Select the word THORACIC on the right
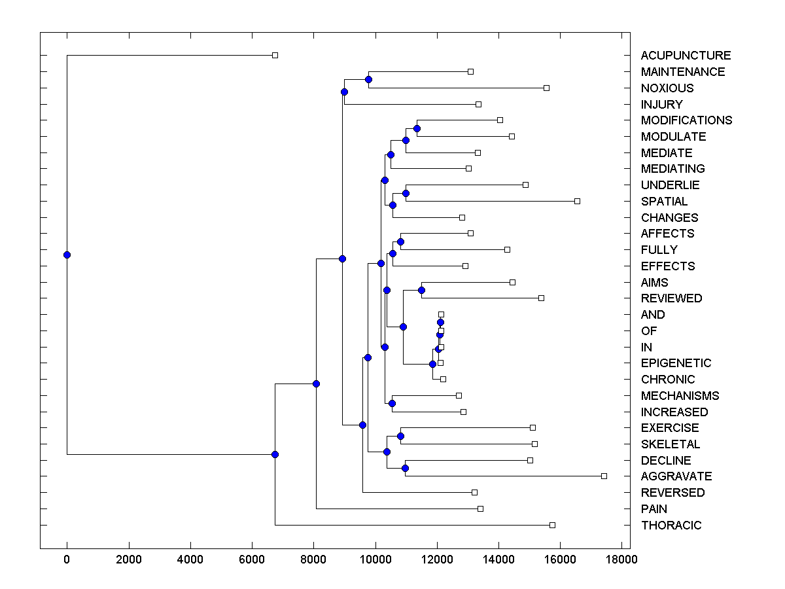click(x=671, y=525)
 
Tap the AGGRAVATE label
click(x=676, y=476)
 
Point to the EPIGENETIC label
click(x=676, y=363)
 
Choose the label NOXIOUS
click(x=667, y=88)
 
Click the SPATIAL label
click(x=664, y=201)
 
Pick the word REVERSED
click(x=672, y=492)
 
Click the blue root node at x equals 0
click(x=67, y=255)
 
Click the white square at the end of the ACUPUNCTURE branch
click(x=275, y=55)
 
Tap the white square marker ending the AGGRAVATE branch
click(x=604, y=476)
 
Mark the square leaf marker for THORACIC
click(x=552, y=525)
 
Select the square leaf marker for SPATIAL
click(x=577, y=201)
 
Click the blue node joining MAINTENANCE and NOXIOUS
click(x=368, y=79)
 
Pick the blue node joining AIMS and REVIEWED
click(x=421, y=290)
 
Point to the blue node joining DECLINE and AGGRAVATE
click(x=405, y=468)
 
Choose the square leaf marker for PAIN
click(x=480, y=509)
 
